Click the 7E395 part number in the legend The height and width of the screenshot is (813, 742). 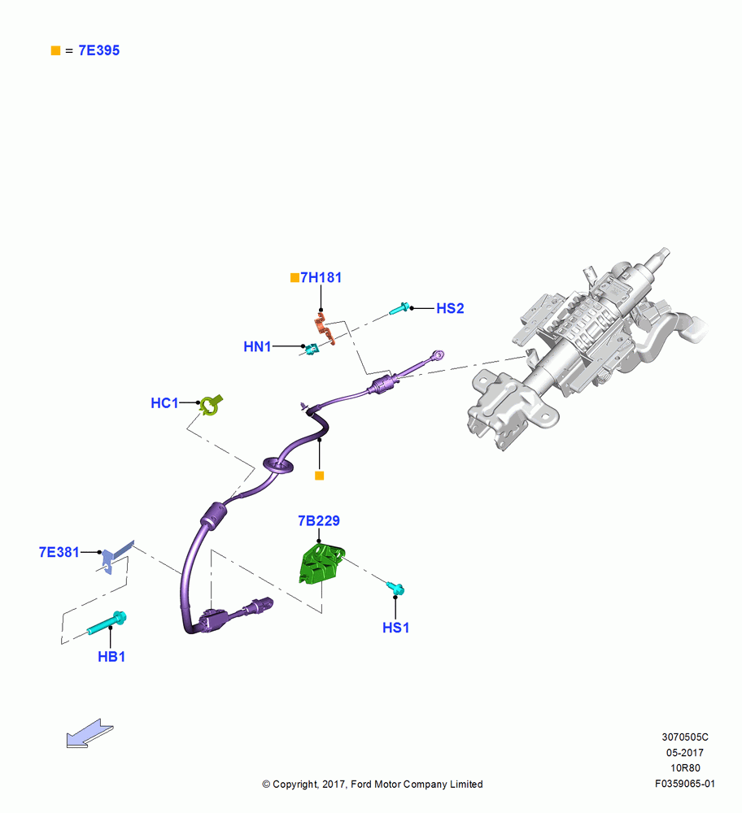99,50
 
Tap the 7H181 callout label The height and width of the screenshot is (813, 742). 321,277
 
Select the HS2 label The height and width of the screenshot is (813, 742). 450,308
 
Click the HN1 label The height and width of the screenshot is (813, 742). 257,346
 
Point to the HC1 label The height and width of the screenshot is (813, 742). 164,403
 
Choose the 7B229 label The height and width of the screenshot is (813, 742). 319,520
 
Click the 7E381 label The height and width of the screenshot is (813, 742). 59,552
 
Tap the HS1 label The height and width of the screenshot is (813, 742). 396,628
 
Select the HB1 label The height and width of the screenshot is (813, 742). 111,656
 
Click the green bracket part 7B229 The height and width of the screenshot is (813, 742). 321,565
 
